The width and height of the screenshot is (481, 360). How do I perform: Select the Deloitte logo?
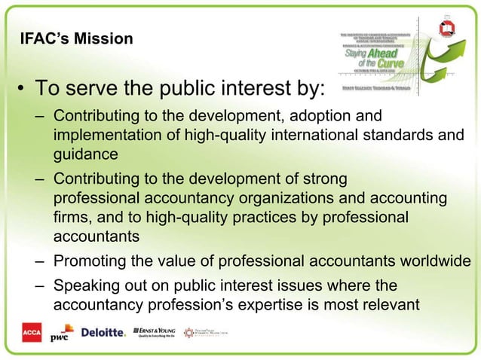(103, 332)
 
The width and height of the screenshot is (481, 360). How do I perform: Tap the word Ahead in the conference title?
(384, 53)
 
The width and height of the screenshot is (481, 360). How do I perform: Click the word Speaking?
(86, 286)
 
